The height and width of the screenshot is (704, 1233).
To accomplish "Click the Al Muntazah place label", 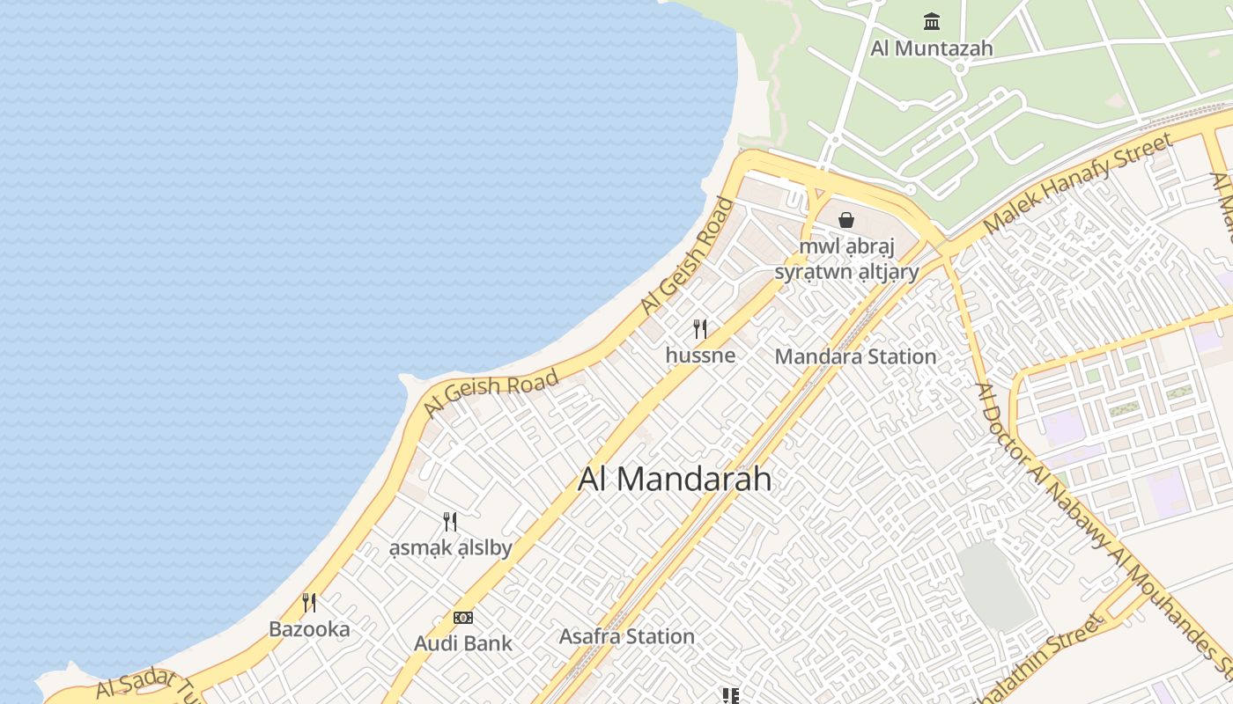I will [931, 48].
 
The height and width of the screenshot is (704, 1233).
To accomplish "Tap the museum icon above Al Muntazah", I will [931, 20].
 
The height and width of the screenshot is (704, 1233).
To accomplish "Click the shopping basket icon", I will [846, 219].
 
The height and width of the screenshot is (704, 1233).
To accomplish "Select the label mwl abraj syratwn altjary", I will [846, 259].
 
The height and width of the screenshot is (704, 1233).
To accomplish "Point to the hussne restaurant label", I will [700, 355].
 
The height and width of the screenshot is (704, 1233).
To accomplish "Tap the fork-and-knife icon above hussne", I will [700, 329].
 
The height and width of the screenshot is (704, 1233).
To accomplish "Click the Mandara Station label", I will [855, 356].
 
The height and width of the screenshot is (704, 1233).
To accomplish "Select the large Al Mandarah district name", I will [675, 479].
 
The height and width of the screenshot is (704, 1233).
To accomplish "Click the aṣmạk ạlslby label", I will [450, 547].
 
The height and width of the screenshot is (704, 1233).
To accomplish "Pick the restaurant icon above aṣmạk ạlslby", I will [450, 522].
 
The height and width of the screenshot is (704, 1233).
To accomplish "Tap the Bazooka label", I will [309, 629].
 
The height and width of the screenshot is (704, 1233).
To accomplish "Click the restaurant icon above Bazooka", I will [309, 603].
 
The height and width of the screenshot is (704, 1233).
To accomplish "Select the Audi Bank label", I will [463, 643].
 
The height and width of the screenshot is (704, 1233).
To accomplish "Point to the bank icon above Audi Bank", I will [463, 618].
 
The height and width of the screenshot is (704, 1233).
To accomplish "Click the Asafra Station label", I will [627, 636].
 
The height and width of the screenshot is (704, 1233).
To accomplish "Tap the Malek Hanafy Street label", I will [1078, 183].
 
